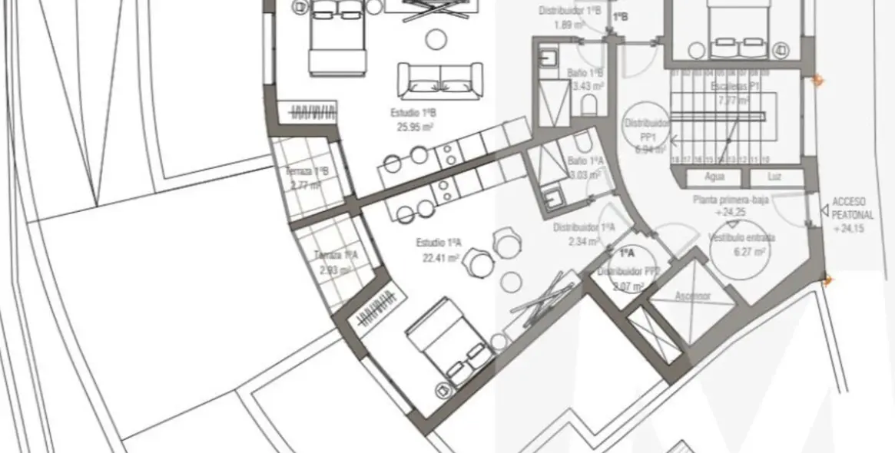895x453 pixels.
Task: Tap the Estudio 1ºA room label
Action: [439, 243]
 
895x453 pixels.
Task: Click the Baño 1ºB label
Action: [585, 73]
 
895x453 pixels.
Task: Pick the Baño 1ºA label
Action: [585, 161]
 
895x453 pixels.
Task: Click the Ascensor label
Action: [693, 296]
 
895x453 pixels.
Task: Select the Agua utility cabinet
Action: [714, 177]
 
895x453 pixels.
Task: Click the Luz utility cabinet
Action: [775, 177]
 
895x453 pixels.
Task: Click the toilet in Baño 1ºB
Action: [590, 104]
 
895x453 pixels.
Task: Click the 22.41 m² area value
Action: [440, 259]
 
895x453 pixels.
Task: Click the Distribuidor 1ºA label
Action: [584, 228]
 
